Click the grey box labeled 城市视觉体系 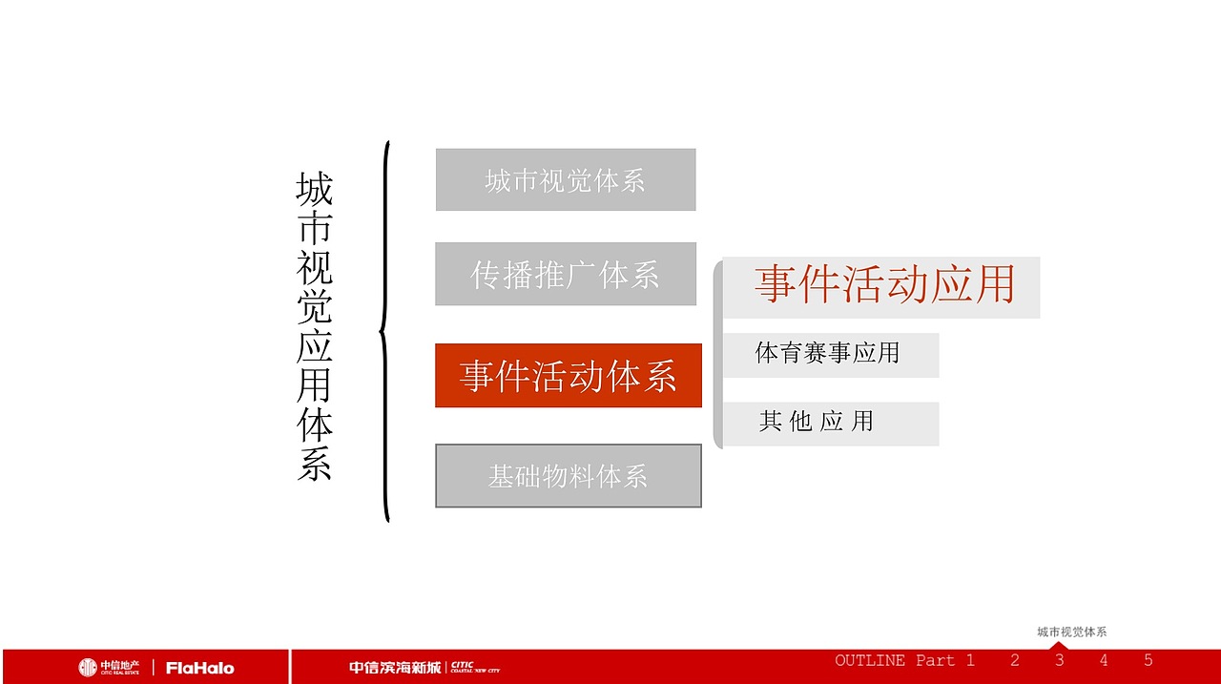click(x=566, y=179)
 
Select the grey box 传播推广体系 click(x=566, y=274)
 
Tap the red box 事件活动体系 click(x=569, y=376)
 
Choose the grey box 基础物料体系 click(x=569, y=475)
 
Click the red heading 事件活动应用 click(x=884, y=285)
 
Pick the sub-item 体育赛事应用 click(x=828, y=354)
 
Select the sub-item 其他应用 click(x=817, y=422)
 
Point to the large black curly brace click(x=385, y=332)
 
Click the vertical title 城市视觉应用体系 click(x=314, y=326)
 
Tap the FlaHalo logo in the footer click(x=199, y=668)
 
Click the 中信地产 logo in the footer click(x=110, y=667)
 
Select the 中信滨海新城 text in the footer click(x=394, y=667)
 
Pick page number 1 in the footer click(x=970, y=660)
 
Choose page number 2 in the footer click(x=1015, y=660)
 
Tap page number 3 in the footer click(x=1059, y=660)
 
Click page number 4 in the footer click(x=1104, y=660)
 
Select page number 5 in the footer click(x=1149, y=660)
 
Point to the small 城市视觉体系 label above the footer click(x=1072, y=632)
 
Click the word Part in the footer click(x=935, y=660)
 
